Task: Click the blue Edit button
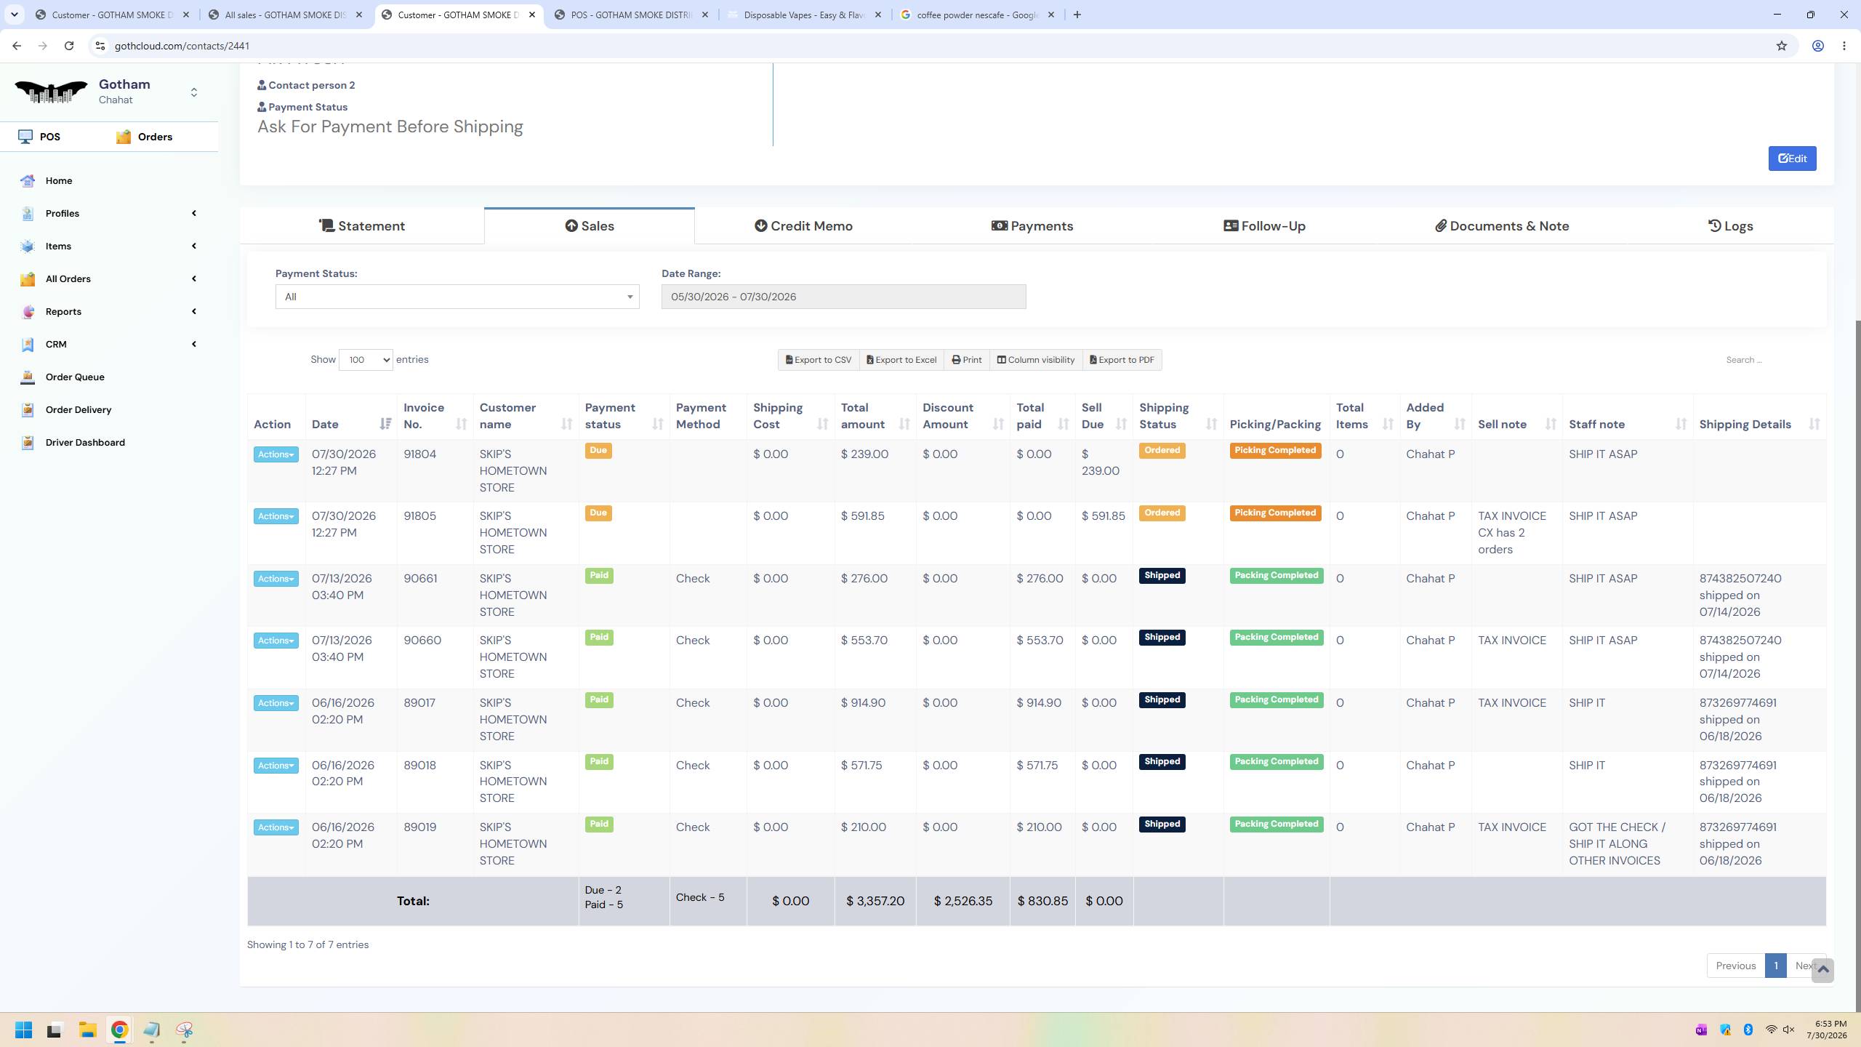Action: pyautogui.click(x=1792, y=159)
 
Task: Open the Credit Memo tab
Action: pyautogui.click(x=803, y=226)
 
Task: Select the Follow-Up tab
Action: pyautogui.click(x=1264, y=226)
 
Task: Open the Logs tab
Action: pyautogui.click(x=1730, y=226)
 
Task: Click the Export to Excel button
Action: pyautogui.click(x=901, y=360)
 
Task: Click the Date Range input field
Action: pyautogui.click(x=843, y=297)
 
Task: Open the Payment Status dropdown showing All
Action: pyautogui.click(x=457, y=297)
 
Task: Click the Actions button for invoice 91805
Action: pyautogui.click(x=276, y=516)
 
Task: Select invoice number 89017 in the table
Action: pyautogui.click(x=419, y=703)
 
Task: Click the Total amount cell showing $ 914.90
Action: pyautogui.click(x=863, y=703)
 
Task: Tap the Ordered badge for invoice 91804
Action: pyautogui.click(x=1162, y=451)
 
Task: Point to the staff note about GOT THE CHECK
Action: pyautogui.click(x=1617, y=844)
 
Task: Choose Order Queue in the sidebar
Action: pyautogui.click(x=75, y=377)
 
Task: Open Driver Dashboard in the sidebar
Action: pyautogui.click(x=85, y=442)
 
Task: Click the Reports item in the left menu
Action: pyautogui.click(x=63, y=311)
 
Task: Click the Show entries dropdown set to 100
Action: pyautogui.click(x=366, y=360)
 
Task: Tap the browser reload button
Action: pyautogui.click(x=69, y=46)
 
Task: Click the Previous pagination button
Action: pyautogui.click(x=1735, y=966)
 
